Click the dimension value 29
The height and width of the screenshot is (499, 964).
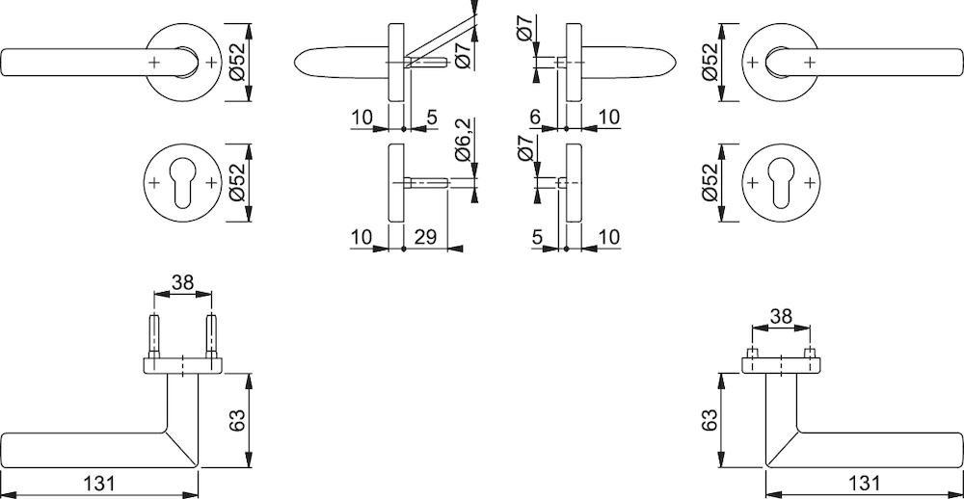tap(424, 237)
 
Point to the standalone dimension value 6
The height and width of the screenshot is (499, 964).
tap(534, 117)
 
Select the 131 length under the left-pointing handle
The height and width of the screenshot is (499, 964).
tap(98, 483)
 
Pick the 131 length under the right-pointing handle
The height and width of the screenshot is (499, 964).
tap(863, 483)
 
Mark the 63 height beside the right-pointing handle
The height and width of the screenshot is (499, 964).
tap(710, 420)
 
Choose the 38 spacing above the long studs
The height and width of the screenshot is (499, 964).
tap(182, 282)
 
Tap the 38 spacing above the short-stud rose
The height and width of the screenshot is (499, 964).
tap(781, 317)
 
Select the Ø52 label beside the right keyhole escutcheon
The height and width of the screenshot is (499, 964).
tap(710, 182)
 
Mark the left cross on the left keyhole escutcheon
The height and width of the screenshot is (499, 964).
tap(154, 182)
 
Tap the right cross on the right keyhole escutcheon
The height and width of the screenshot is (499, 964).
tap(811, 182)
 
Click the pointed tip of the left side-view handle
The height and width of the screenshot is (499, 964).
tap(295, 62)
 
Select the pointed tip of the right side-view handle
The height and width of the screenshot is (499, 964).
tap(676, 62)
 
